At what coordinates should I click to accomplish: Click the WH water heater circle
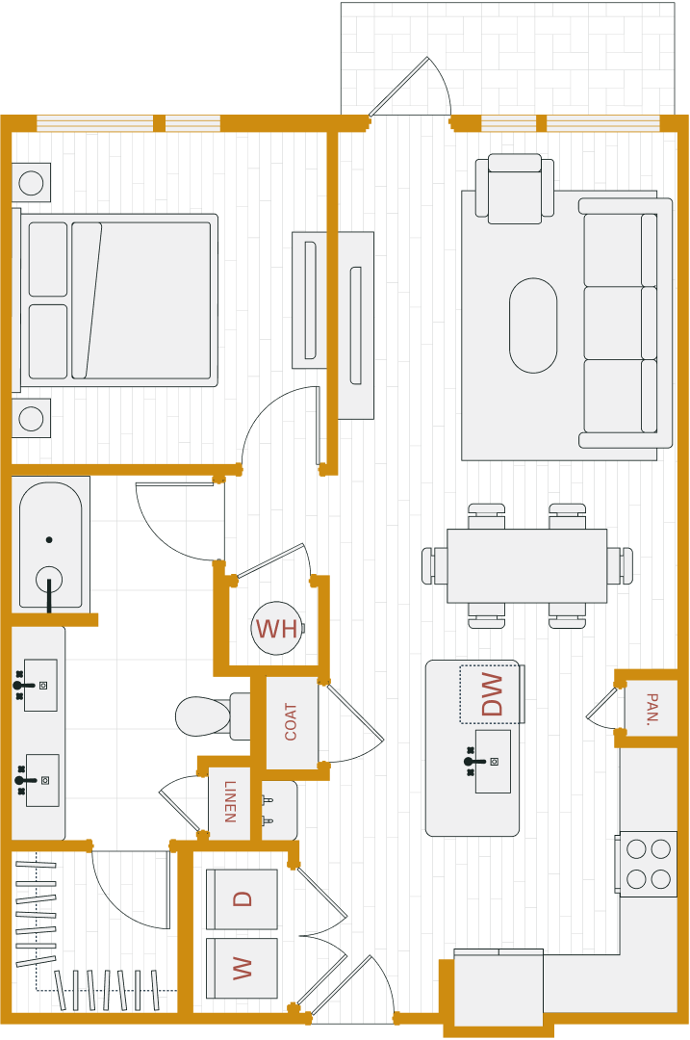click(277, 629)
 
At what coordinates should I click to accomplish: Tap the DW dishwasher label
click(492, 693)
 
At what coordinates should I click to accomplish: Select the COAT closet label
click(291, 721)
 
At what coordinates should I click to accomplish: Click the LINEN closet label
click(230, 802)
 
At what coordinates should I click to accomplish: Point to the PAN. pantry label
click(652, 709)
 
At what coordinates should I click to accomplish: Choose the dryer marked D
click(242, 898)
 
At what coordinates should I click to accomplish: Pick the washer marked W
click(242, 968)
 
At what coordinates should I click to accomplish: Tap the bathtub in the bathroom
click(50, 544)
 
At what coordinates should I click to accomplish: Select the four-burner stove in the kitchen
click(648, 864)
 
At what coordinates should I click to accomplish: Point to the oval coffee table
click(533, 325)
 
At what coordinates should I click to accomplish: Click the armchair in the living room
click(515, 190)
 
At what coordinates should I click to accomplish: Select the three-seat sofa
click(626, 323)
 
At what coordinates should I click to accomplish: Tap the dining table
click(526, 565)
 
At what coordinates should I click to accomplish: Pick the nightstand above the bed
click(31, 182)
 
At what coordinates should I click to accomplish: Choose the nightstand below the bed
click(31, 418)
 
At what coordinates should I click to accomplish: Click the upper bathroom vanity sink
click(39, 685)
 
